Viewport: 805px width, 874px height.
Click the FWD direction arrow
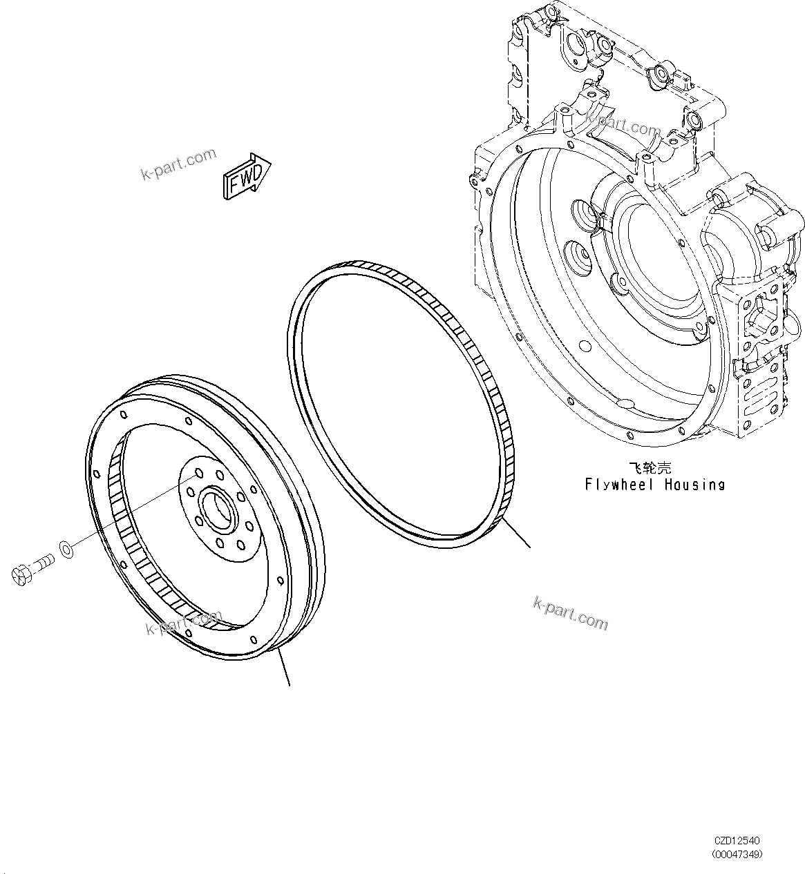tap(247, 177)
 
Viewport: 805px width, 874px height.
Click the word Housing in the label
tap(695, 485)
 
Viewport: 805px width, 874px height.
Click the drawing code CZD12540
tap(737, 841)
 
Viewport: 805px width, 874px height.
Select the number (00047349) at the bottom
tap(737, 854)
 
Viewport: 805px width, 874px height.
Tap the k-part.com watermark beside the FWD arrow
tap(178, 164)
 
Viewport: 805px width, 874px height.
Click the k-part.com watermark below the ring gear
tap(571, 612)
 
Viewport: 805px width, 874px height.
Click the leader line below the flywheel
tap(283, 667)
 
